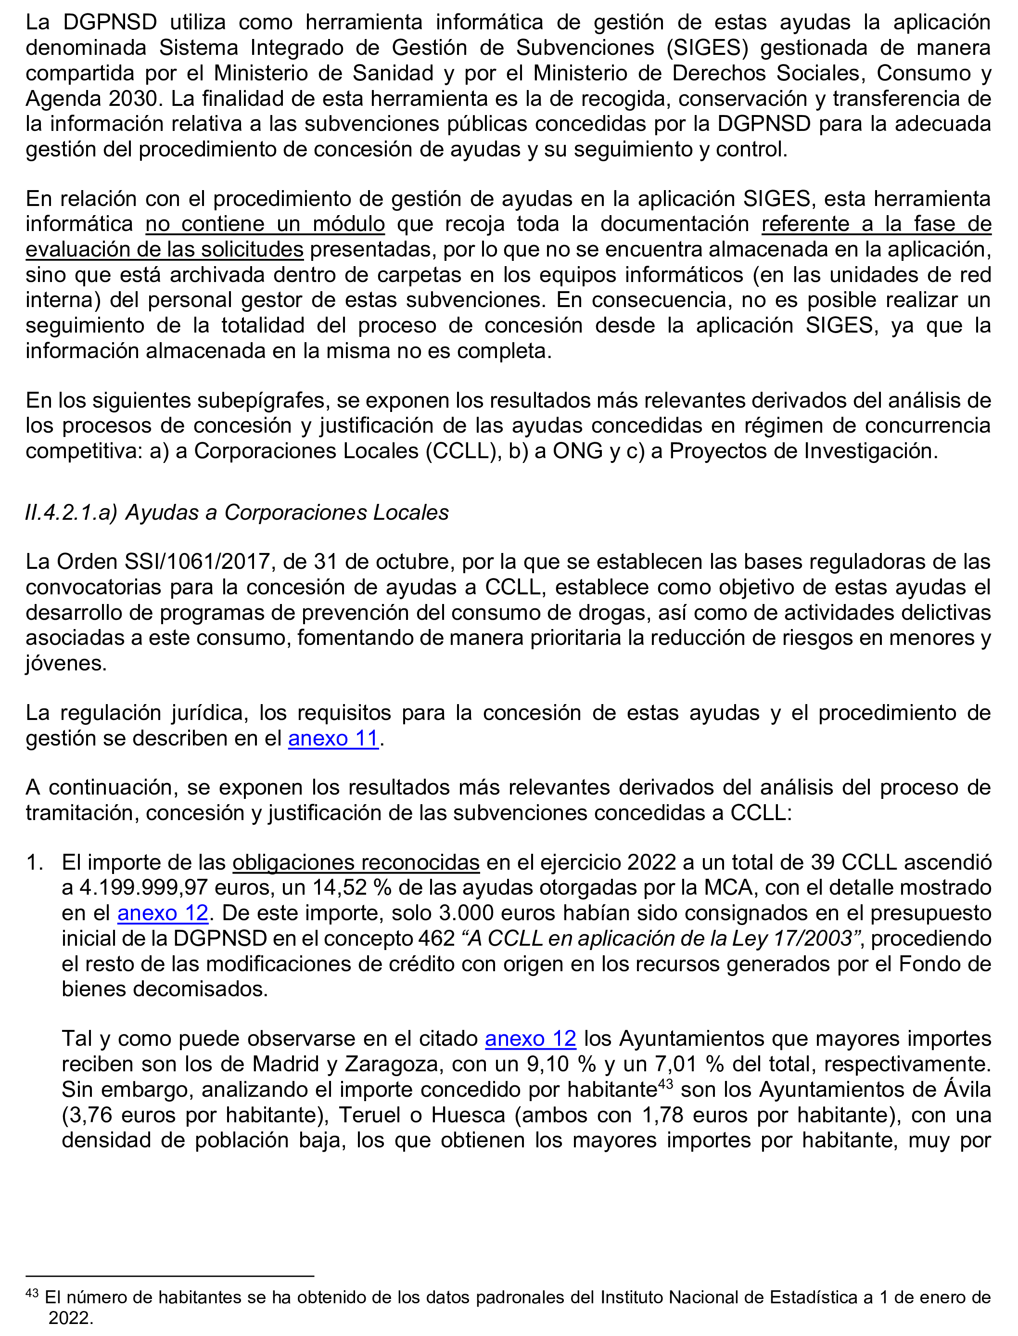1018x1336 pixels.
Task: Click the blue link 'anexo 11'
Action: point(333,738)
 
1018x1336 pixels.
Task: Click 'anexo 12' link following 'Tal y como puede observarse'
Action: point(530,1039)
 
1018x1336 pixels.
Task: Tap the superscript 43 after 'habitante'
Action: point(665,1083)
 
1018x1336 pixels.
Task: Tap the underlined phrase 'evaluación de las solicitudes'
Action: point(164,249)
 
